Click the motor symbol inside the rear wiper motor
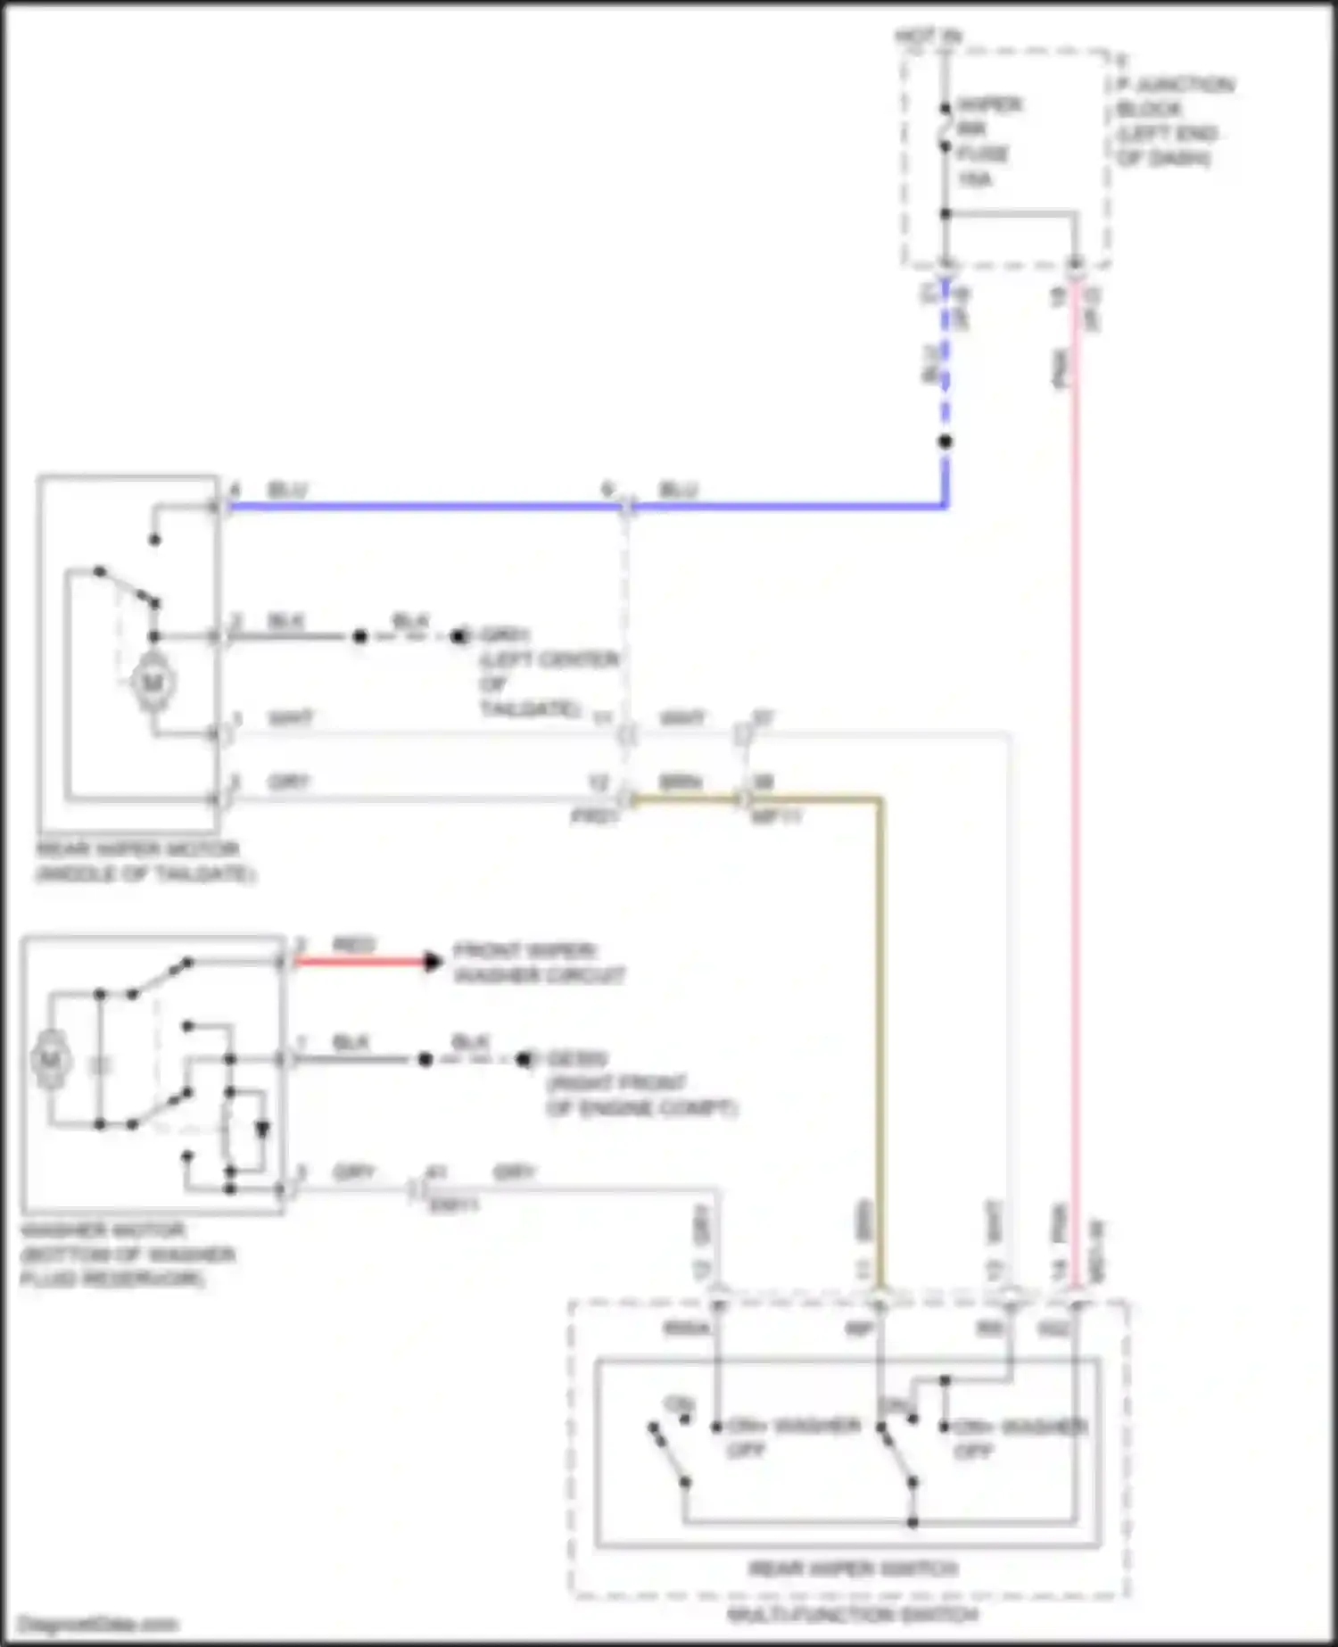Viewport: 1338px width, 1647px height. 153,683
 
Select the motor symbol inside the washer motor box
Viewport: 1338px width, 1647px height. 50,1060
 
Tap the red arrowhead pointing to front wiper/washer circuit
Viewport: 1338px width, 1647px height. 433,962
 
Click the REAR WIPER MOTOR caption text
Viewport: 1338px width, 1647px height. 143,861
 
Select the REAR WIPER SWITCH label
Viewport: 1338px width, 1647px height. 853,1568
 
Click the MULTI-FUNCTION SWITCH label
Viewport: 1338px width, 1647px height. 853,1615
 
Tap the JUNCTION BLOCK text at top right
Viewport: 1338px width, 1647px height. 1174,121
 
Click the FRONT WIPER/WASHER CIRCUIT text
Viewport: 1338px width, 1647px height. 539,963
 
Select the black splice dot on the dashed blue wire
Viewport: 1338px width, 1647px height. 946,442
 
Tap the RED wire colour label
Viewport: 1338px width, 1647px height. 353,945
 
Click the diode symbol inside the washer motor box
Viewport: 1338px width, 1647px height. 262,1130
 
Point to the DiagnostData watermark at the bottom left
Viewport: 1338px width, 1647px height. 98,1625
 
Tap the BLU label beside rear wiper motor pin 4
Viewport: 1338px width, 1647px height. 287,491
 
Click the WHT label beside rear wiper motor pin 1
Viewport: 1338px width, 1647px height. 291,718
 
